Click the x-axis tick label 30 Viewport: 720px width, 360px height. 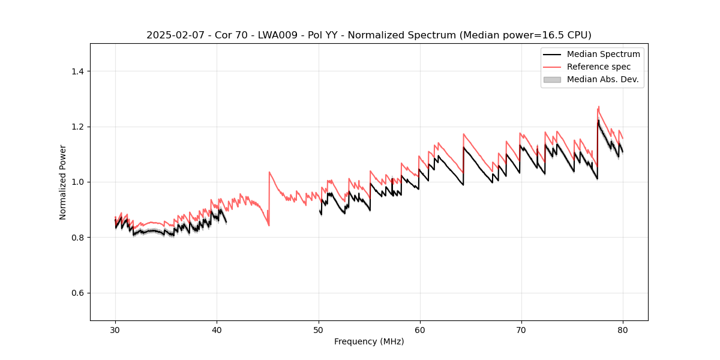point(115,329)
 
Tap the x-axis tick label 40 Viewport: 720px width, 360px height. point(217,329)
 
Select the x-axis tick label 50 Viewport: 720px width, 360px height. point(319,329)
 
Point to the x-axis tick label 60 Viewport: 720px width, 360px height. point(420,329)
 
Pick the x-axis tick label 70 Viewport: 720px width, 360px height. point(521,329)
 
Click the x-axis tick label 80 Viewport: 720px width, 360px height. point(623,329)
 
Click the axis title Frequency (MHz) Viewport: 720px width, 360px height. point(369,341)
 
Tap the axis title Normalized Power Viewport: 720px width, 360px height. point(63,182)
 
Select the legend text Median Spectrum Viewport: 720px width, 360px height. point(603,54)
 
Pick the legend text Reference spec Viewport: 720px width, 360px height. point(599,67)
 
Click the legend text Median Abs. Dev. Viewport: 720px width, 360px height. point(602,79)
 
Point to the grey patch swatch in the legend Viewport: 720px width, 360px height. point(552,79)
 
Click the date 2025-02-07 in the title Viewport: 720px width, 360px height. point(172,35)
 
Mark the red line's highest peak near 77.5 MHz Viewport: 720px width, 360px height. point(598,107)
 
